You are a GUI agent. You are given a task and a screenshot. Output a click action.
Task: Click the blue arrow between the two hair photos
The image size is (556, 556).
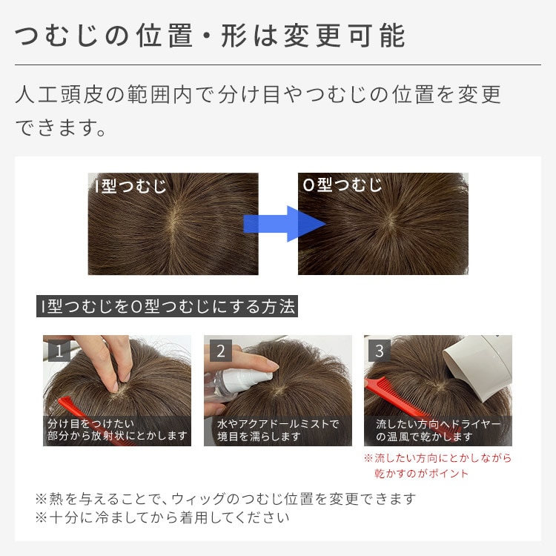(284, 224)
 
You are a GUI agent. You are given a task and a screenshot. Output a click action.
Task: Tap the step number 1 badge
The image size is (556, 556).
(59, 351)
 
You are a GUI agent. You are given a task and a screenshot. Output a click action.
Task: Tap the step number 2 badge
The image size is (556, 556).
(221, 351)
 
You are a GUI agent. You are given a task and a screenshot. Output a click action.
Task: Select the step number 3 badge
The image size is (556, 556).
(379, 351)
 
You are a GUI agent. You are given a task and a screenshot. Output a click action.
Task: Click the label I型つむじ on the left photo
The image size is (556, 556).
(130, 186)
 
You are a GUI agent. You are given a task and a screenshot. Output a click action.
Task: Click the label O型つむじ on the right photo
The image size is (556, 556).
(342, 185)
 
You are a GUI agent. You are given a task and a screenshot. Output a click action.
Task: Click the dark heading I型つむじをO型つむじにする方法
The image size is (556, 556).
(167, 306)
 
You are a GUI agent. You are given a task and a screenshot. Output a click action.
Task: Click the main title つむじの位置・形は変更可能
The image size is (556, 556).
(210, 36)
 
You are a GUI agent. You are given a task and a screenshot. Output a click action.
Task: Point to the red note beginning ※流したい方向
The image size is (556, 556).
(438, 466)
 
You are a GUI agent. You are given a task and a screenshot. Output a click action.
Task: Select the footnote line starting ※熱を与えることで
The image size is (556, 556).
(225, 499)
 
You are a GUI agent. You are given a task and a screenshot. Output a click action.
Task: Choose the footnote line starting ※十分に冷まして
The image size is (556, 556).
(162, 517)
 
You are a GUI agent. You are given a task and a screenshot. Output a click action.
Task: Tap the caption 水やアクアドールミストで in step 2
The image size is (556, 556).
(278, 424)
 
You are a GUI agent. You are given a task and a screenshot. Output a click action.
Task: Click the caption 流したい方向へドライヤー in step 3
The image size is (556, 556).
(438, 424)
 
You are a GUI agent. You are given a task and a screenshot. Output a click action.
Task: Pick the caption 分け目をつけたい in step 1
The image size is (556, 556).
(90, 423)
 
